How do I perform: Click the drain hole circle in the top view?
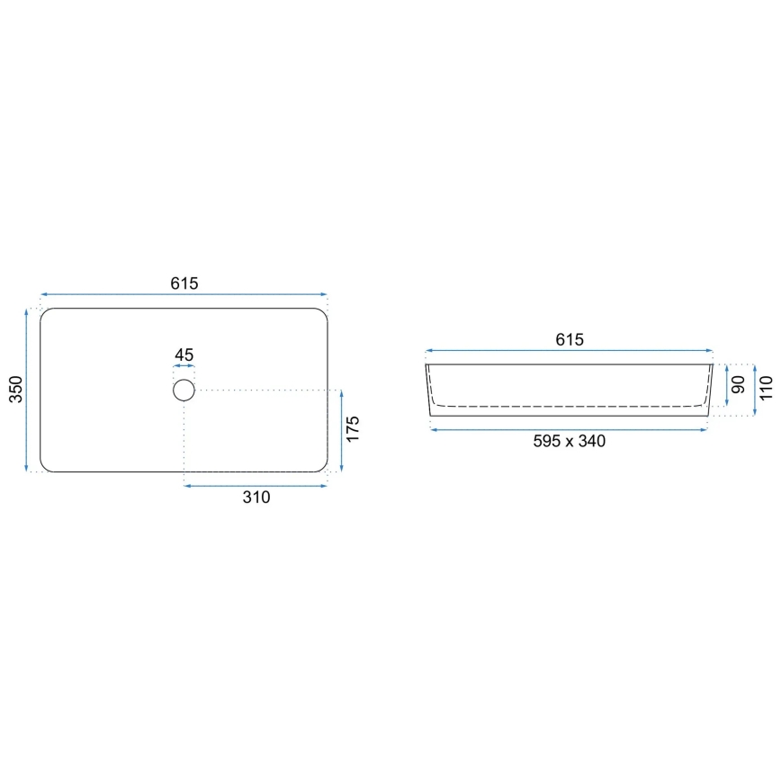tap(184, 390)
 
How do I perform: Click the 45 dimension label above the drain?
tap(184, 355)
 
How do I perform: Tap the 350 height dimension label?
tap(15, 390)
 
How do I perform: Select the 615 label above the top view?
tap(184, 283)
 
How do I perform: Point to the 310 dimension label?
tap(256, 498)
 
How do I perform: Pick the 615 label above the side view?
tap(569, 339)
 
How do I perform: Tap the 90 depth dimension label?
tap(738, 385)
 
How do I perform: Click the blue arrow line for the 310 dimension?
tap(256, 486)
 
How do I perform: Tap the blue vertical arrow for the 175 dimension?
tap(341, 431)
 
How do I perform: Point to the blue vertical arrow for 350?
tap(28, 390)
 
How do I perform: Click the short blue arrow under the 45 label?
tap(184, 368)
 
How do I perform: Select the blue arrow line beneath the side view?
tap(569, 430)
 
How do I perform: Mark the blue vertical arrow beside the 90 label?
tap(726, 385)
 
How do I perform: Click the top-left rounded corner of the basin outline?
tap(45, 314)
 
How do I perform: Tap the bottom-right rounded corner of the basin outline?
tap(322, 466)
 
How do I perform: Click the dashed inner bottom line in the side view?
tap(569, 407)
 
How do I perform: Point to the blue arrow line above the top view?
tap(184, 294)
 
